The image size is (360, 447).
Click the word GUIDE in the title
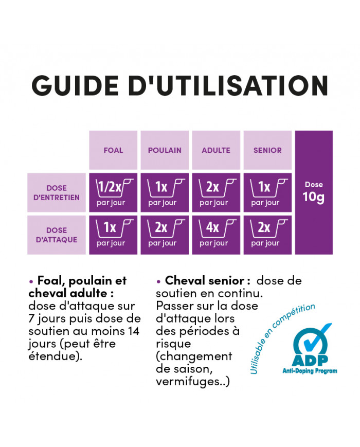[x=75, y=85]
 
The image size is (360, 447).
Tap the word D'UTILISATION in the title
[x=228, y=85]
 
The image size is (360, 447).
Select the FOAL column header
[x=113, y=150]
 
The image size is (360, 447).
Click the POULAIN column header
[x=165, y=150]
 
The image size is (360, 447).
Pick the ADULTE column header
[x=216, y=150]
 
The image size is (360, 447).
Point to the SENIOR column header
[x=267, y=150]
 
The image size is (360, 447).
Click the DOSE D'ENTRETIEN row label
[x=57, y=193]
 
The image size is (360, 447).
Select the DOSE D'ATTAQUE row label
[x=57, y=235]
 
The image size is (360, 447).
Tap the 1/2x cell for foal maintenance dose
[x=113, y=193]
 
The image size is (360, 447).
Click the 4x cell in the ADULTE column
[x=216, y=235]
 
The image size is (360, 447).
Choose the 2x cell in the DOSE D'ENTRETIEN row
[x=216, y=193]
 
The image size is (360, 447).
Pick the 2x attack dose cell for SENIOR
[x=267, y=235]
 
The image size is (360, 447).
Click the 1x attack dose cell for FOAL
[x=113, y=235]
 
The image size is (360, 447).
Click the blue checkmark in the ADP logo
[x=316, y=338]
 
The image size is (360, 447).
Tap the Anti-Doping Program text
[x=310, y=371]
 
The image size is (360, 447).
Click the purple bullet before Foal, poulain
[x=31, y=282]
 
